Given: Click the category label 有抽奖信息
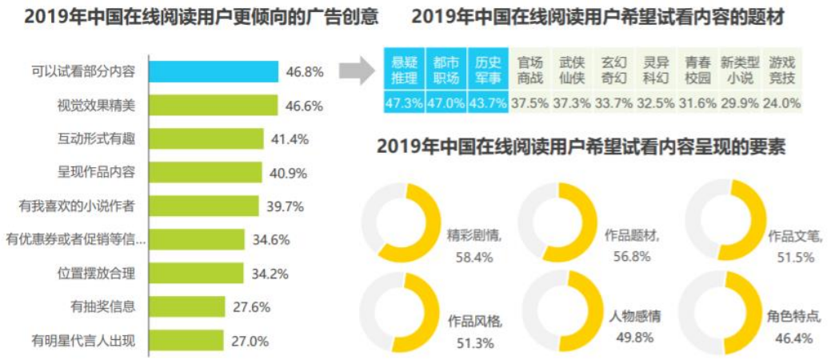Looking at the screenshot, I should click(102, 306).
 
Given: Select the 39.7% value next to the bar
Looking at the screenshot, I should click(285, 206).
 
